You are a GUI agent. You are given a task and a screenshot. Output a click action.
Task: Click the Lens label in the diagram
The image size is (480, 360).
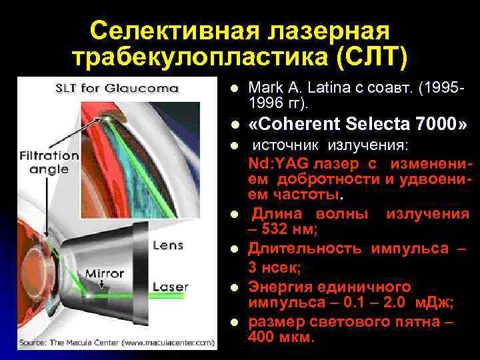click(167, 245)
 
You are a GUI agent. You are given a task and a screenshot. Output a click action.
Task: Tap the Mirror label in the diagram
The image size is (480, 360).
click(104, 273)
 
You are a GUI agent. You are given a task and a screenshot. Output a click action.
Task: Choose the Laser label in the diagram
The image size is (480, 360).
click(171, 287)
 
